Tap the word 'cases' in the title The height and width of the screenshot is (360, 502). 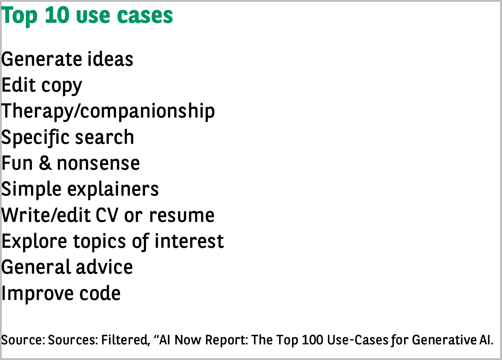click(145, 15)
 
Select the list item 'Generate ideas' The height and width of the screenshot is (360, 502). click(67, 59)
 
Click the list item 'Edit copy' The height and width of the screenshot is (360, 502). click(42, 86)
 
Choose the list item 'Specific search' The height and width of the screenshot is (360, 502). click(68, 138)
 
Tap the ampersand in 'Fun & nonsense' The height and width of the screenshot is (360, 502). click(45, 163)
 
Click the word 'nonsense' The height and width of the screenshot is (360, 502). click(98, 163)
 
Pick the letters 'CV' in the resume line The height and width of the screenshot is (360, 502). click(107, 215)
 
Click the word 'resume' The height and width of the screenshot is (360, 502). click(182, 216)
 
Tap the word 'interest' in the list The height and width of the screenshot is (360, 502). click(189, 241)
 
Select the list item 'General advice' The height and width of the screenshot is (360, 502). click(67, 267)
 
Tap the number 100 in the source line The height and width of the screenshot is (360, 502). click(312, 340)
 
